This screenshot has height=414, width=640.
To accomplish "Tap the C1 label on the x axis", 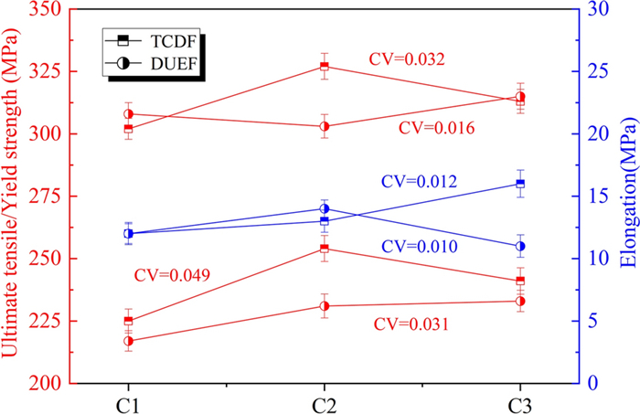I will [x=129, y=403].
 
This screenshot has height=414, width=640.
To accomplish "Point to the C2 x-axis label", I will [x=325, y=403].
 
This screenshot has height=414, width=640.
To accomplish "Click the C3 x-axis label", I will [x=519, y=403].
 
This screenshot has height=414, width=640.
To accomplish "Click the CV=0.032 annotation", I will [x=407, y=60].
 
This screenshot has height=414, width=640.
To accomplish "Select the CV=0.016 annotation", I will [x=437, y=129].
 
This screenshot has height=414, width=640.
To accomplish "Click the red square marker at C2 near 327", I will [x=325, y=67].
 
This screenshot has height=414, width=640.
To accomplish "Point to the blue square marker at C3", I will [x=520, y=184].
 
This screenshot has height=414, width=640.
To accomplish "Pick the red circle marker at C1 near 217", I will [x=129, y=341].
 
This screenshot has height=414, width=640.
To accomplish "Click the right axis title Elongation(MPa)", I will [x=627, y=196].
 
